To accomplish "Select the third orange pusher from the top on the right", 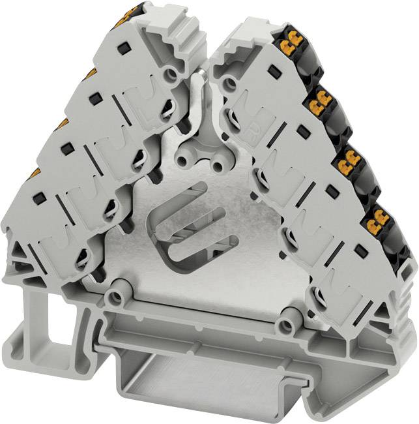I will coord(348,159).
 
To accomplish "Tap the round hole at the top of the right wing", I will coord(229,83).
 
